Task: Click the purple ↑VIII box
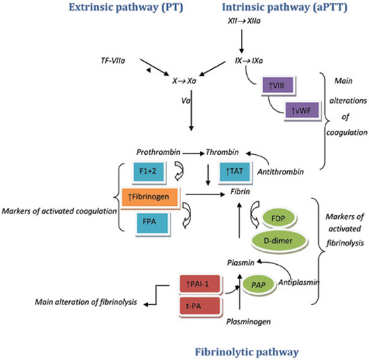[x=278, y=85]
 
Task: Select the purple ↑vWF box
[x=302, y=110]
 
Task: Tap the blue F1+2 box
[x=148, y=172]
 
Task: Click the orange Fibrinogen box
[x=150, y=197]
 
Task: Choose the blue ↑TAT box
[x=235, y=172]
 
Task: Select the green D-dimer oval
[x=278, y=241]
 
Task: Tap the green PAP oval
[x=258, y=285]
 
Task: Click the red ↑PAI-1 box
[x=200, y=284]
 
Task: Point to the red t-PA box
[x=200, y=306]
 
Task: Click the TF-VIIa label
[x=113, y=60]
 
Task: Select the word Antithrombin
[x=280, y=172]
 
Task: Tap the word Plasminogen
[x=248, y=321]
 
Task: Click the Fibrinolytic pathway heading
[x=247, y=352]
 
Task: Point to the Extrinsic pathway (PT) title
[x=125, y=7]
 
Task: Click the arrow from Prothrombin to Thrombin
[x=193, y=154]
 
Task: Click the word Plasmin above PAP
[x=240, y=263]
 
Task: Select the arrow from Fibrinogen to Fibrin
[x=205, y=194]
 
